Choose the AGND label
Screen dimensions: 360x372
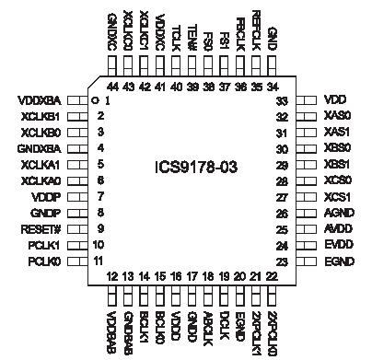pyautogui.click(x=343, y=214)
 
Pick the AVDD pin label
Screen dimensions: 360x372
pyautogui.click(x=343, y=229)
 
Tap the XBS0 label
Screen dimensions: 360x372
pyautogui.click(x=342, y=148)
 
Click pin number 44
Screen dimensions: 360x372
pyautogui.click(x=111, y=86)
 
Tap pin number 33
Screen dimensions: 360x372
pyautogui.click(x=283, y=100)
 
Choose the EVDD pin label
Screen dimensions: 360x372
pyautogui.click(x=343, y=246)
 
